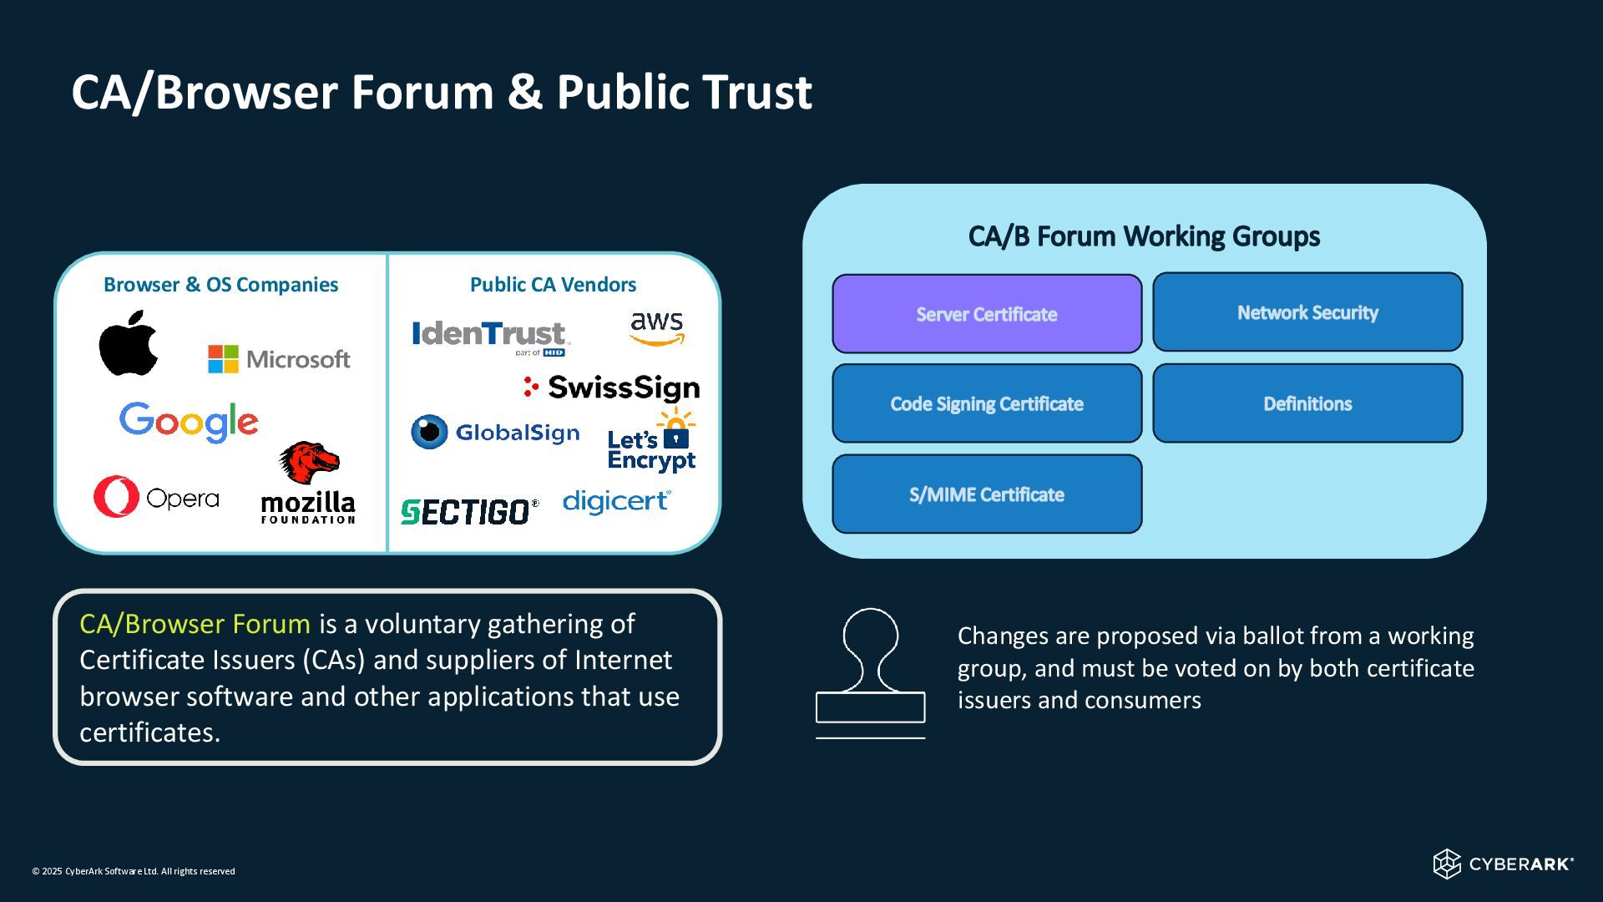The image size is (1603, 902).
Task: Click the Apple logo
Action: tap(129, 342)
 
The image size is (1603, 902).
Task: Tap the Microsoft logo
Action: tap(279, 359)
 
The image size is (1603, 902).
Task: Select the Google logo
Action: tap(189, 422)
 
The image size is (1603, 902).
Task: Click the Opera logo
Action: tap(156, 497)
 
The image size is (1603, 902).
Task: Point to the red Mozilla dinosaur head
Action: tap(309, 463)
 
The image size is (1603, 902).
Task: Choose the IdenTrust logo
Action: tap(491, 337)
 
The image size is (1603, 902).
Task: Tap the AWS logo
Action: tap(657, 328)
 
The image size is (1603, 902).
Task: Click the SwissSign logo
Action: tap(611, 388)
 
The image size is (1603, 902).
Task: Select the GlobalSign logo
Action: tap(495, 432)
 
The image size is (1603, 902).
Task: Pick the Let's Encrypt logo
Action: tap(652, 441)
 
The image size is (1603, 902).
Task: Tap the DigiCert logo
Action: tap(617, 501)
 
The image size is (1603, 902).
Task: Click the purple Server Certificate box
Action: tap(987, 314)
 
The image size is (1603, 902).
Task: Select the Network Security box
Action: tap(1307, 312)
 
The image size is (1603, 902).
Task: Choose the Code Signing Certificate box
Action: tap(987, 403)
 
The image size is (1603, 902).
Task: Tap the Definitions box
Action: tap(1307, 403)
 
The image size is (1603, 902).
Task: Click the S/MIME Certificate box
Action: tap(987, 494)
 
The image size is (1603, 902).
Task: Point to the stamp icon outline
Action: tap(871, 673)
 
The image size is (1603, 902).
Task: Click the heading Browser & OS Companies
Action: tap(220, 285)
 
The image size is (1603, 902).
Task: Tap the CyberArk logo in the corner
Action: tap(1504, 864)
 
